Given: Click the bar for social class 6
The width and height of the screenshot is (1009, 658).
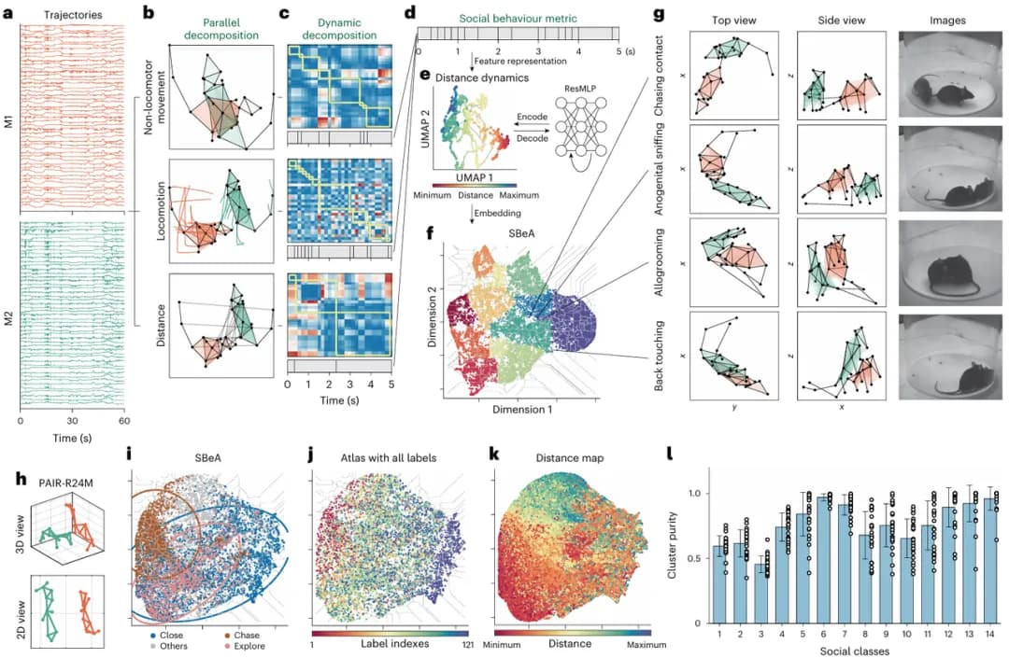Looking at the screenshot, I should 823,560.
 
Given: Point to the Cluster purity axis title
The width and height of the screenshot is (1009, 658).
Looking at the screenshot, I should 674,539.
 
